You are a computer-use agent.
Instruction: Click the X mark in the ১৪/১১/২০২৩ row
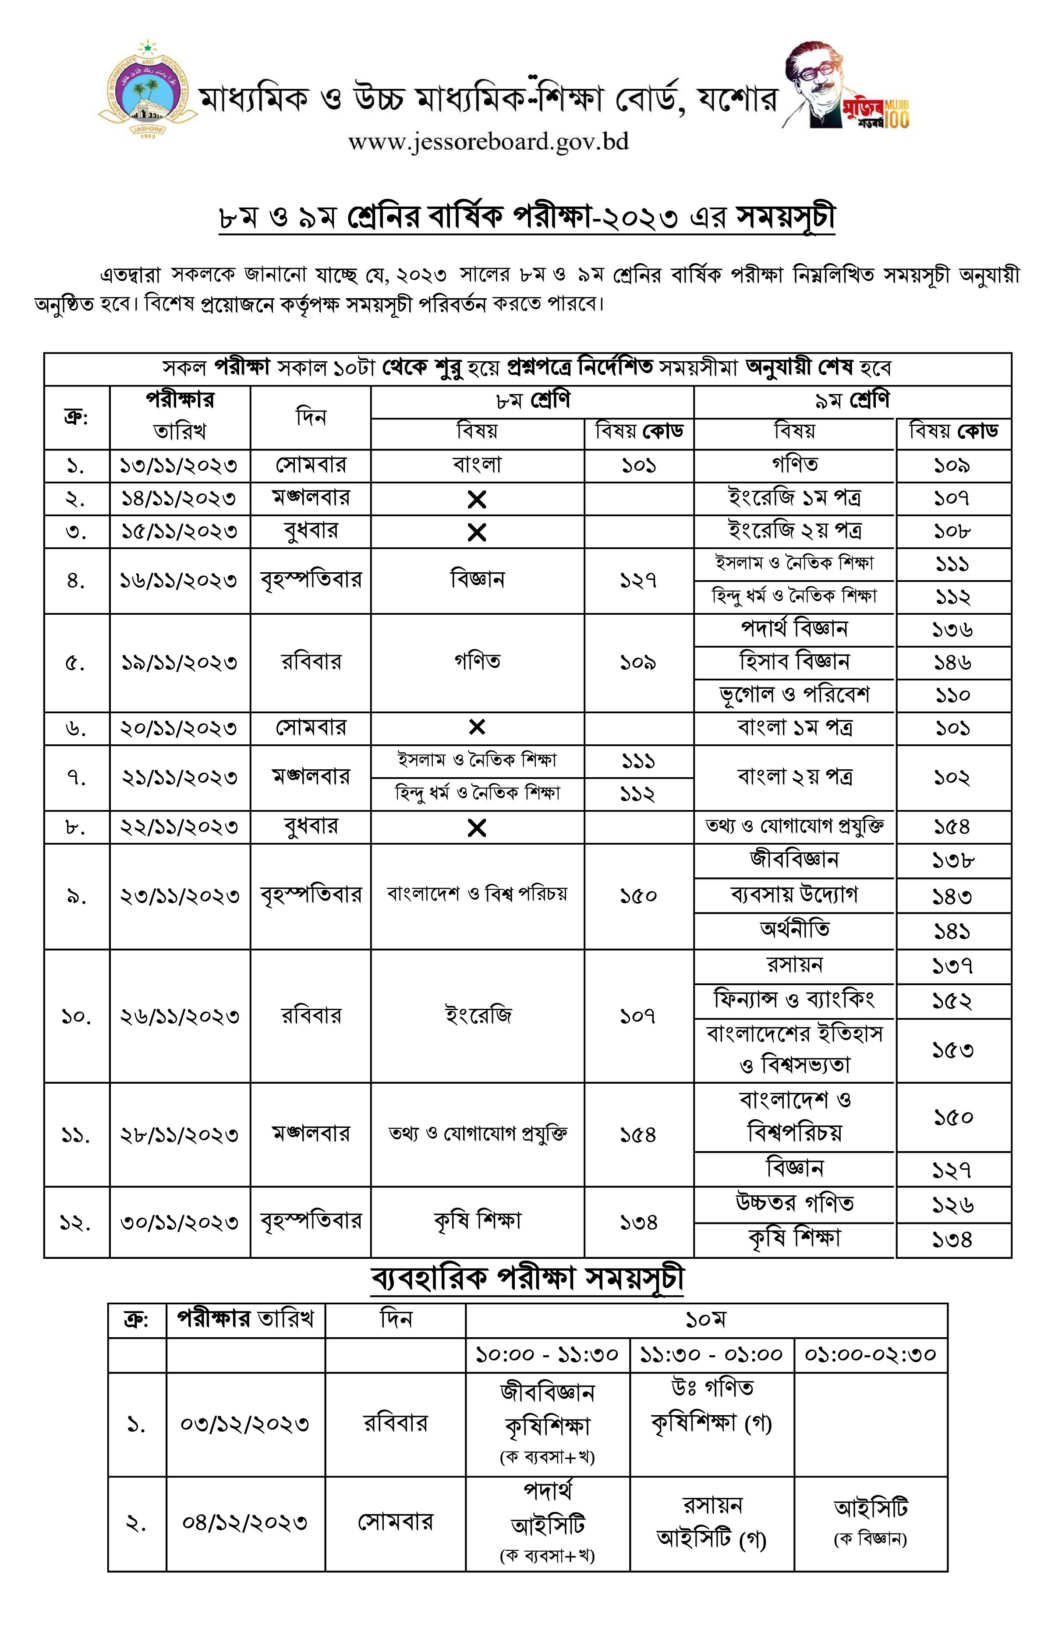(x=477, y=500)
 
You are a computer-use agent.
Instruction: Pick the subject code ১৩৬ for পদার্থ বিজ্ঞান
(x=952, y=630)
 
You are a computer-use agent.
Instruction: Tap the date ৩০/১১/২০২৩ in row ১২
(x=180, y=1222)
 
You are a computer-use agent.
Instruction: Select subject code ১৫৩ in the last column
(x=952, y=1050)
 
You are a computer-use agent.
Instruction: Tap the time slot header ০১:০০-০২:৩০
(x=871, y=1355)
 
